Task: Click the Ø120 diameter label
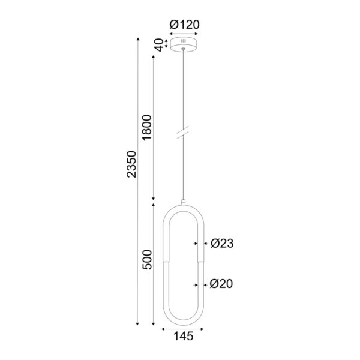[185, 25]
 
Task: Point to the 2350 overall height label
[133, 164]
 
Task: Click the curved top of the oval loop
[183, 206]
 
